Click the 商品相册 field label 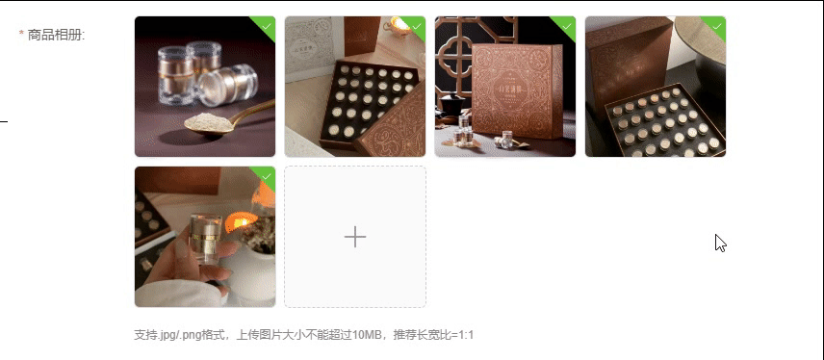point(56,35)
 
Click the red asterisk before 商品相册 point(21,34)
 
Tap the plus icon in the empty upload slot point(355,237)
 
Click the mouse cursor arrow point(720,244)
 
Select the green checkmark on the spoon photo point(267,26)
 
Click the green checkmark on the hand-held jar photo point(267,176)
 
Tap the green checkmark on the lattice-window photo point(567,26)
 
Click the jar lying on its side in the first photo point(228,84)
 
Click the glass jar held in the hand point(205,239)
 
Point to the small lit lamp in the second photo point(400,26)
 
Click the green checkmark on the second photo point(417,26)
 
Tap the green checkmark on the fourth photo point(717,26)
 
